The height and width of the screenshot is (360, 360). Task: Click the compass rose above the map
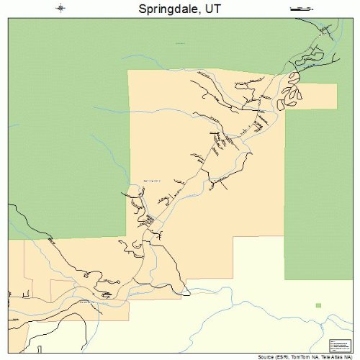tap(61, 9)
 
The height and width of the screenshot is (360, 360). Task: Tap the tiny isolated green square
tap(318, 305)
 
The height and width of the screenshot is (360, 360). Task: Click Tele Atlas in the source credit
tap(334, 356)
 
